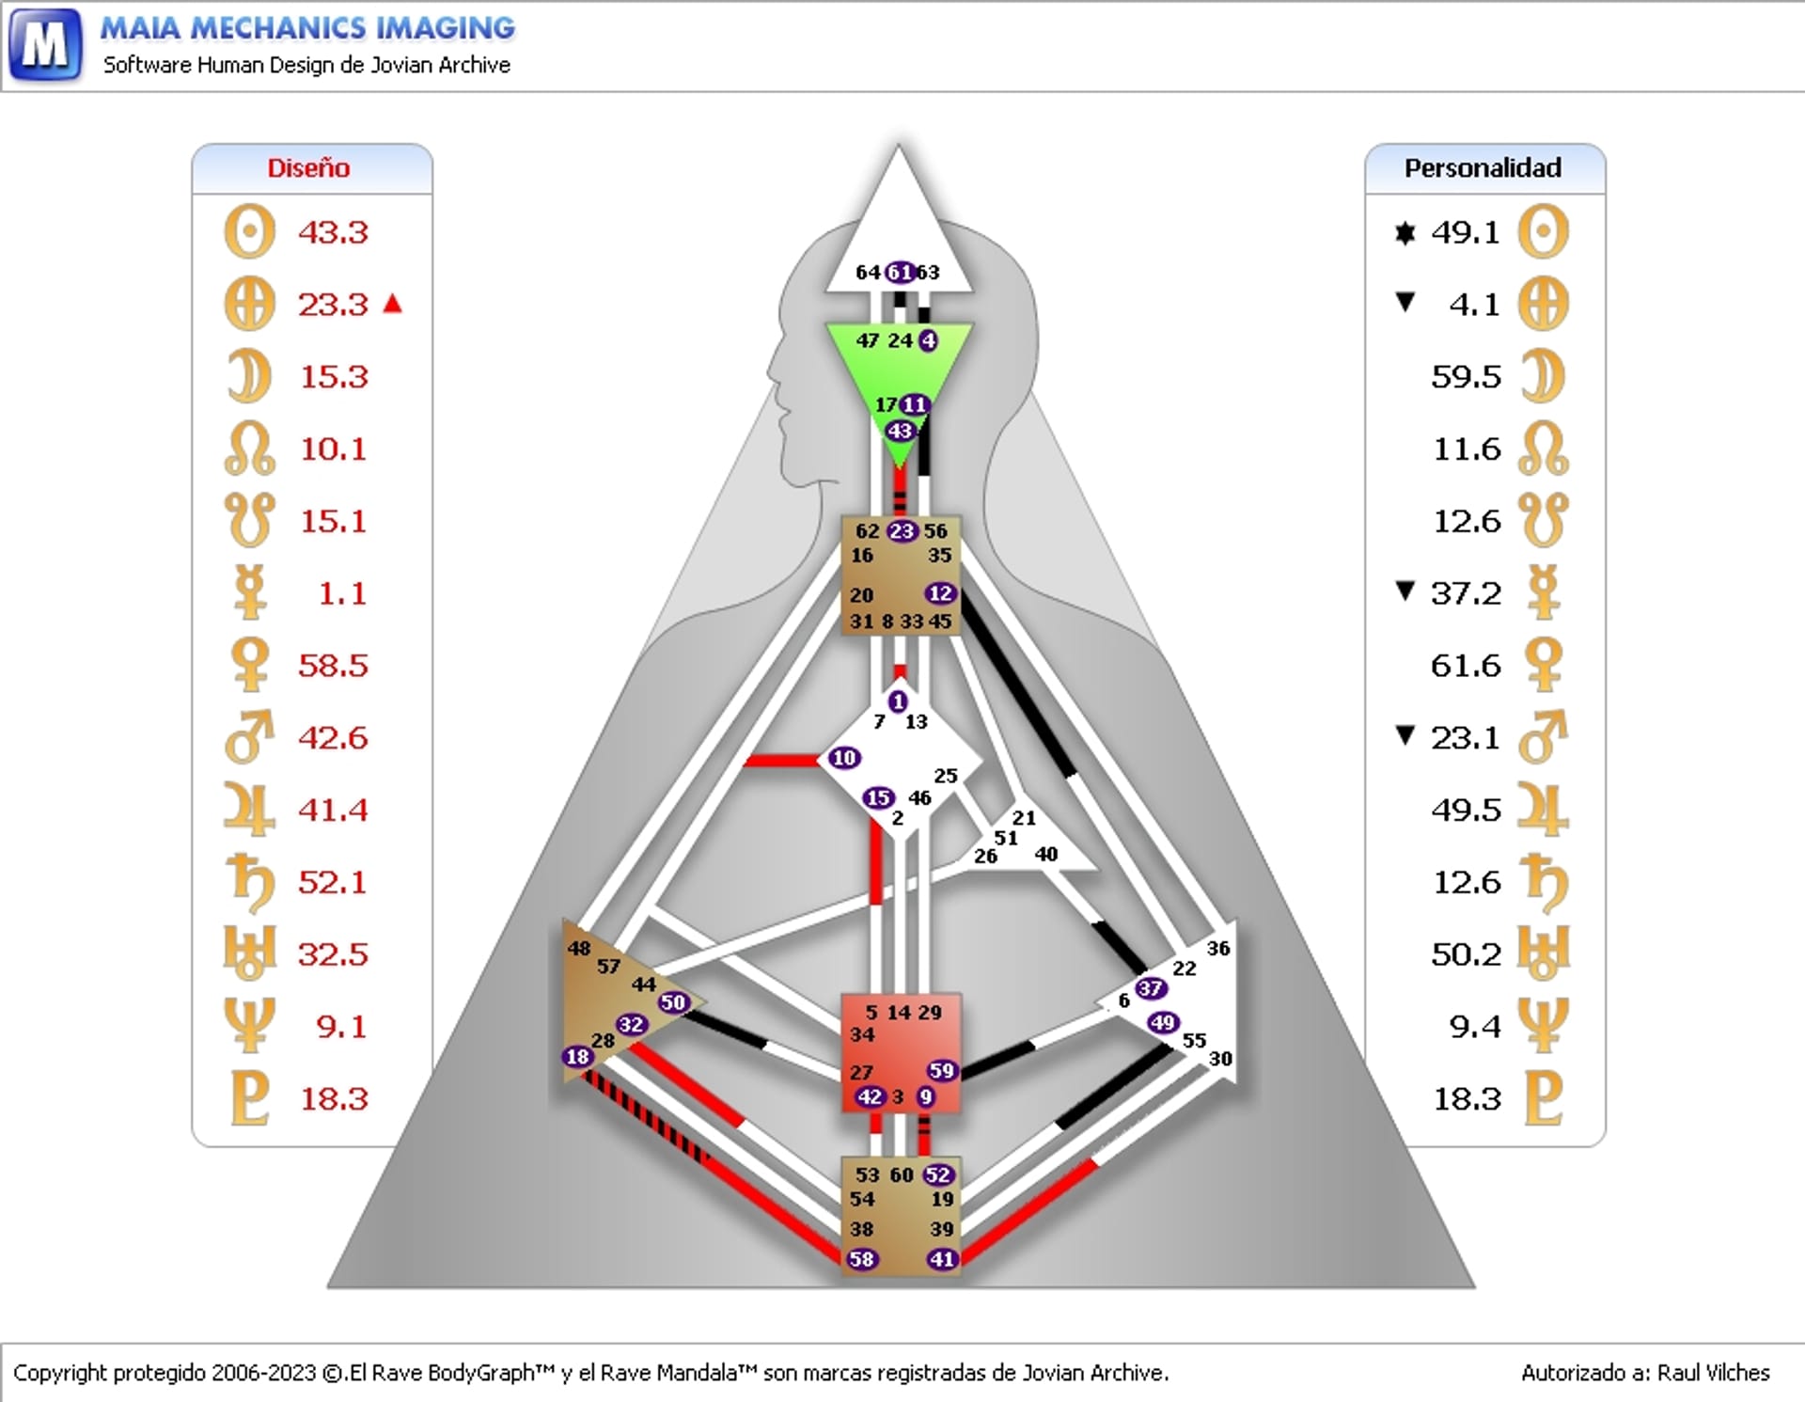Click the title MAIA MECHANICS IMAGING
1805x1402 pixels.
pyautogui.click(x=307, y=28)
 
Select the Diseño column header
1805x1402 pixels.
pyautogui.click(x=308, y=168)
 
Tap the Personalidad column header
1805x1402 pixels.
pyautogui.click(x=1483, y=168)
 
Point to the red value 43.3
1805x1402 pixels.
pyautogui.click(x=333, y=232)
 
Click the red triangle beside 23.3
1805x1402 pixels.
pyautogui.click(x=393, y=304)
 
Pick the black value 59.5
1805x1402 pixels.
pyautogui.click(x=1466, y=377)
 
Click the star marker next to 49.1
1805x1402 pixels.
pyautogui.click(x=1405, y=232)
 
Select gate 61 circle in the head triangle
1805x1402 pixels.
pyautogui.click(x=900, y=273)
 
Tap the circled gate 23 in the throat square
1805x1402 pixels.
pyautogui.click(x=902, y=531)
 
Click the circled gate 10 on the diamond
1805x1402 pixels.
pyautogui.click(x=843, y=758)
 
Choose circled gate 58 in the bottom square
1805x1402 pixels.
pyautogui.click(x=861, y=1259)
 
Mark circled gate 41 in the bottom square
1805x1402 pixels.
pyautogui.click(x=941, y=1259)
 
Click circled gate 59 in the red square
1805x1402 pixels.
pyautogui.click(x=941, y=1071)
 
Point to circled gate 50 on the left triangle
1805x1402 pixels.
pyautogui.click(x=673, y=1002)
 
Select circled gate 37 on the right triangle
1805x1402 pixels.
pyautogui.click(x=1150, y=988)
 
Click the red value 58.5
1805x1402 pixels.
pyautogui.click(x=333, y=666)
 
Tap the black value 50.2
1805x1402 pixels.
pyautogui.click(x=1466, y=954)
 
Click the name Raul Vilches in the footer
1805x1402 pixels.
pyautogui.click(x=1713, y=1373)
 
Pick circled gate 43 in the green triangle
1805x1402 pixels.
pyautogui.click(x=900, y=432)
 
